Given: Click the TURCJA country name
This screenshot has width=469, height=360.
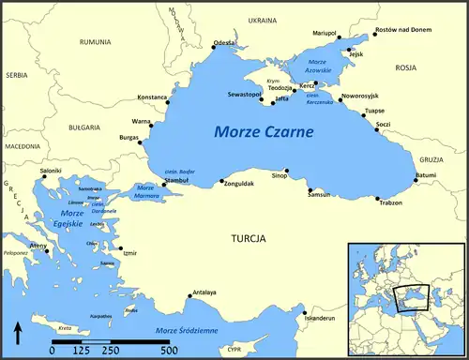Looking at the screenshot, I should (250, 239).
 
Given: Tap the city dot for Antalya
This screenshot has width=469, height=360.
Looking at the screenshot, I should (191, 299).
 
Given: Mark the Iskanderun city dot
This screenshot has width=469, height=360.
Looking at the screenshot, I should (304, 312).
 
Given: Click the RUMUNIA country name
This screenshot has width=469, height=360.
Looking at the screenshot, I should (96, 42).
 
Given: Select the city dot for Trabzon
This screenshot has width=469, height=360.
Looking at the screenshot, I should (377, 199).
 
